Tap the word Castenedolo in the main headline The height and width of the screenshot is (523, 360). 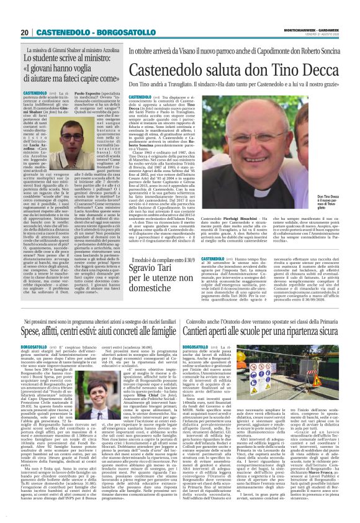[176, 71]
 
